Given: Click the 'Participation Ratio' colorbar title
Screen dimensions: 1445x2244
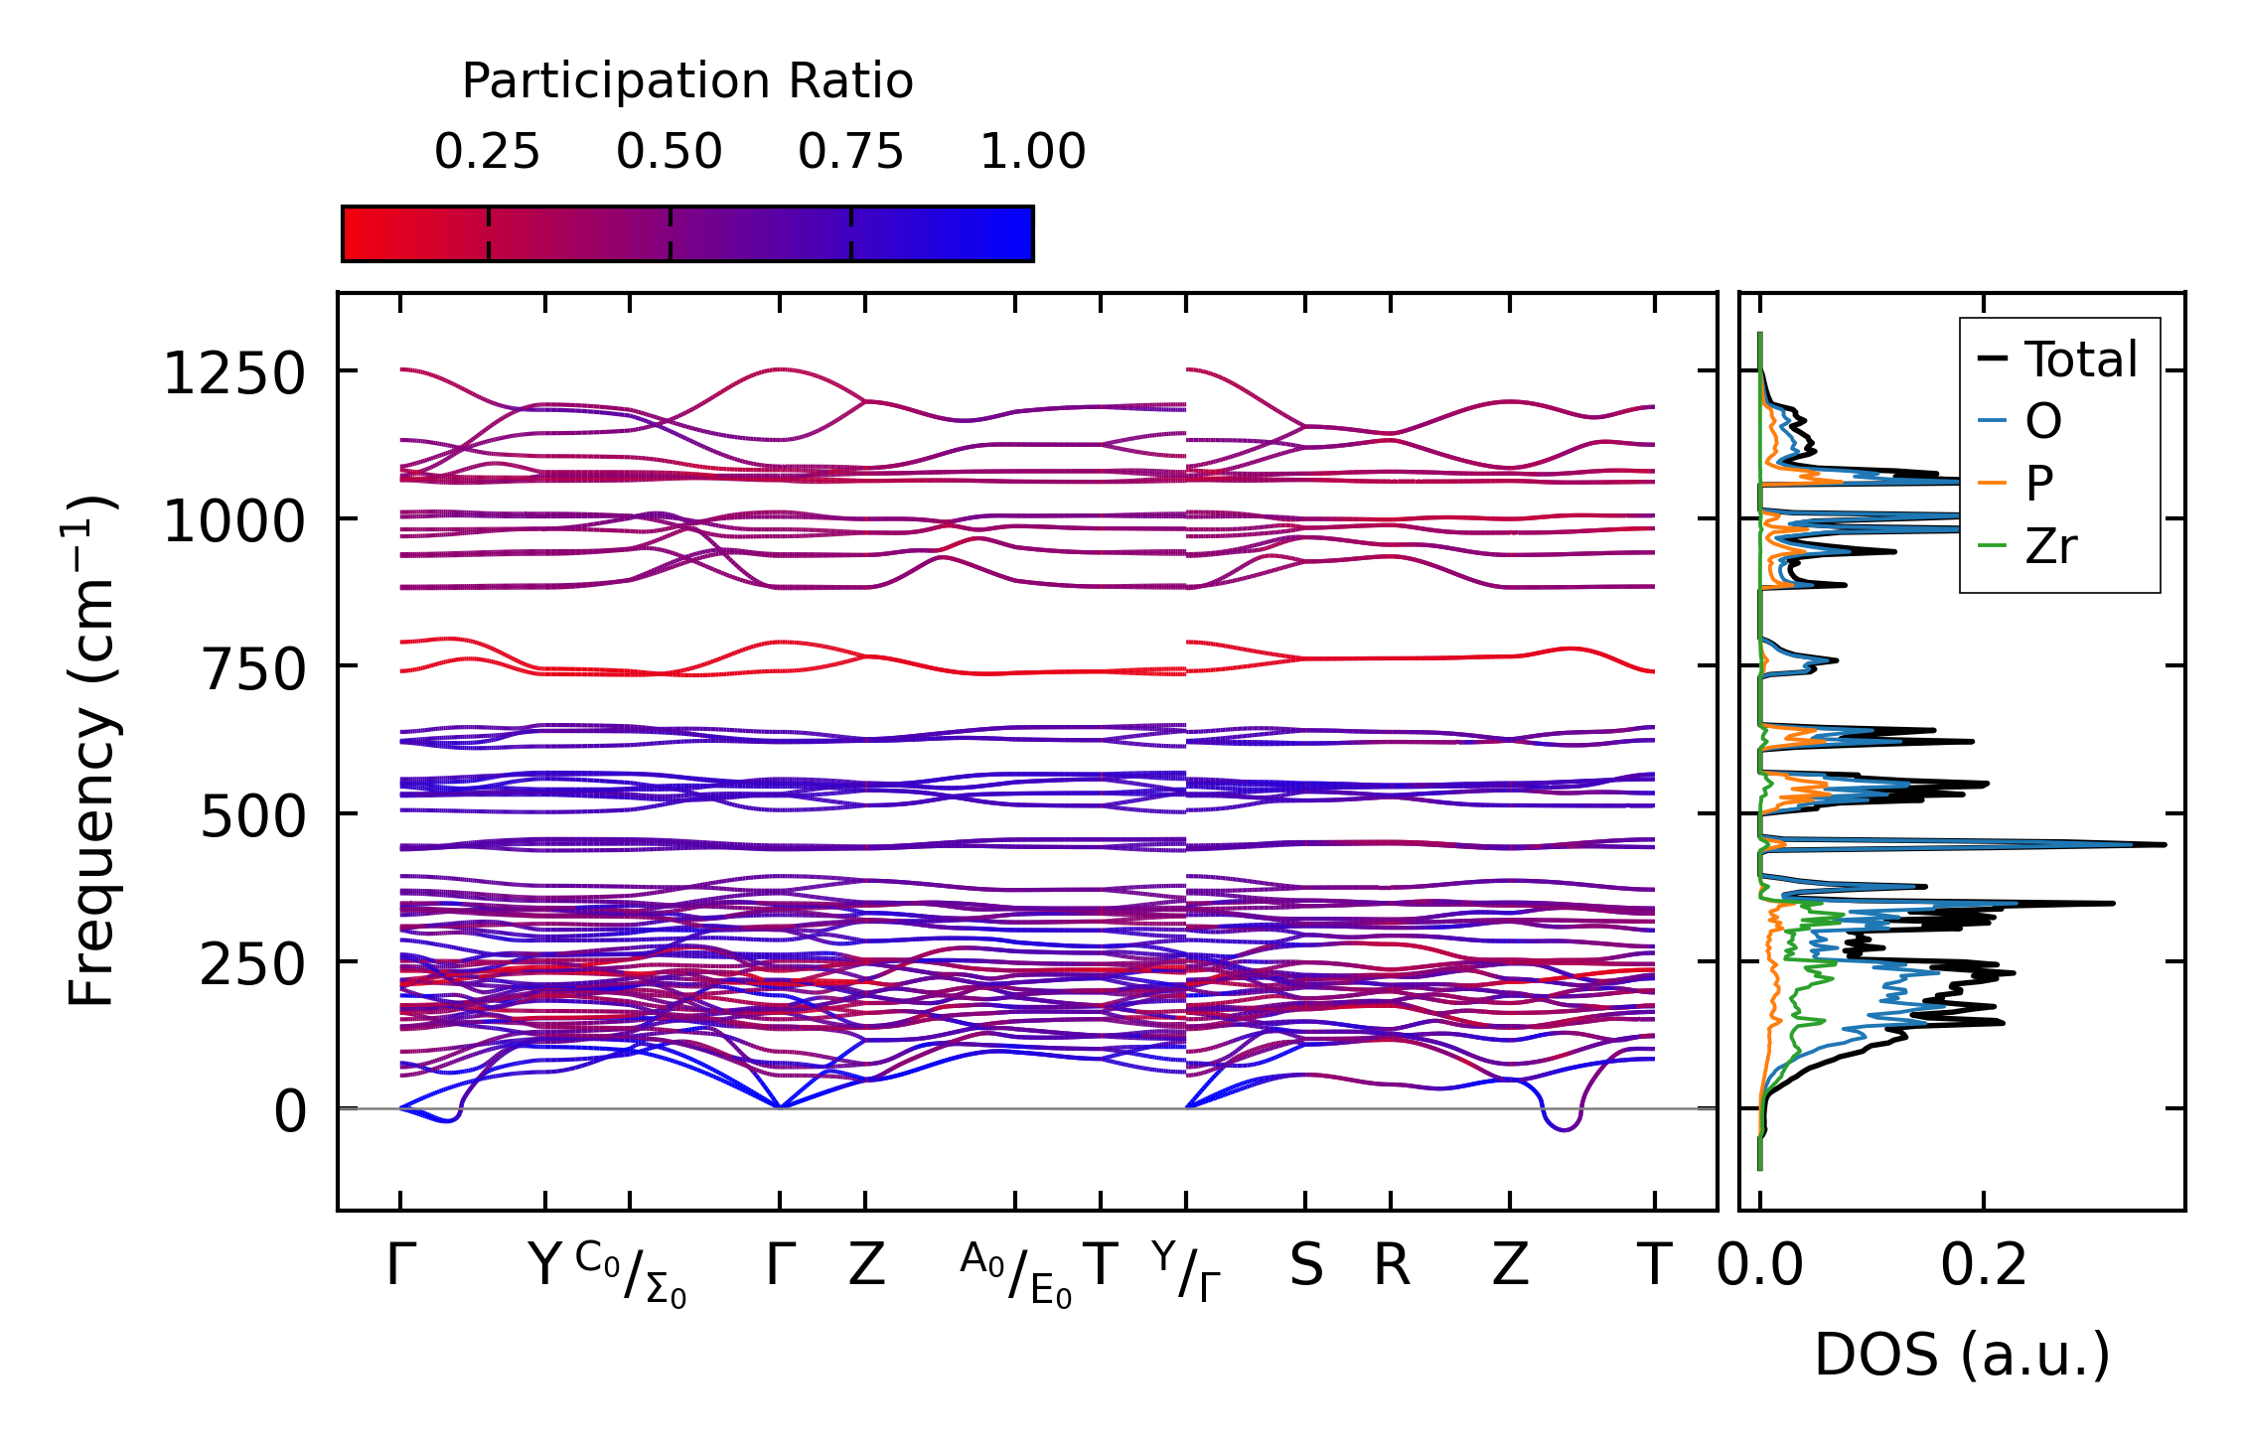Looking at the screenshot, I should (x=686, y=81).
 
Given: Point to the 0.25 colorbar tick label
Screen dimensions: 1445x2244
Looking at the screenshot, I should (x=487, y=152).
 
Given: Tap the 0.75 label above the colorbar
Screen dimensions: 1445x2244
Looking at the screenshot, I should (x=850, y=152).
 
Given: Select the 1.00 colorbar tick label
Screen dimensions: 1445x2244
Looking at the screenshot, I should (x=1032, y=152).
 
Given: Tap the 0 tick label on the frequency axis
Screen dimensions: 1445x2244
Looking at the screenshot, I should (x=290, y=1112).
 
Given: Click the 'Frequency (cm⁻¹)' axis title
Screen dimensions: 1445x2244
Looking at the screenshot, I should (x=91, y=750).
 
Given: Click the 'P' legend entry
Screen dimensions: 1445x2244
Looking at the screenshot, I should (x=2038, y=484).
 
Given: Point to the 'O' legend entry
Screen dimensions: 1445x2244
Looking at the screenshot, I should (x=2042, y=422).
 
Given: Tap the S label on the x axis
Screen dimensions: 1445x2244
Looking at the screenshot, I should (x=1306, y=1266).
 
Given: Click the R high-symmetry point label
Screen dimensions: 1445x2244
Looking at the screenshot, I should (x=1392, y=1266).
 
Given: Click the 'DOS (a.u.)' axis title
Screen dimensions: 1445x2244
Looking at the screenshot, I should (x=1962, y=1356).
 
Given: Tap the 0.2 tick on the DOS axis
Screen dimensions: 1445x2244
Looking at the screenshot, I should (x=1984, y=1266).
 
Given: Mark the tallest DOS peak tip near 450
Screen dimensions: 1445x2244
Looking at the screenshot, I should (x=2165, y=845).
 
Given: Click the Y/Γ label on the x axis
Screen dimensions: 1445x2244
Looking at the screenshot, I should (x=1186, y=1272).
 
